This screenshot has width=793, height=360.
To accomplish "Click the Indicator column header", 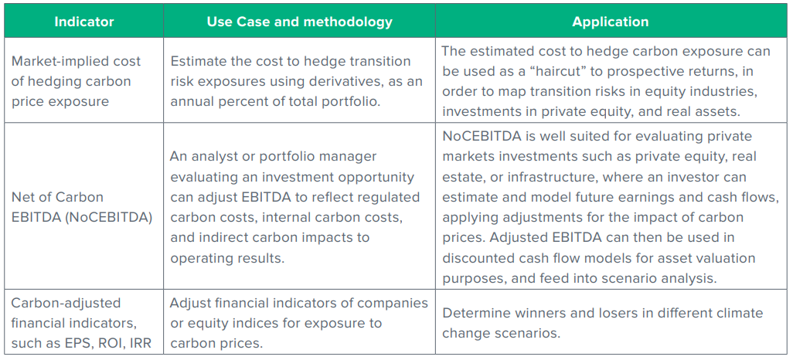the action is (84, 22).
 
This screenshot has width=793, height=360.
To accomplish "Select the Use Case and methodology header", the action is (299, 22).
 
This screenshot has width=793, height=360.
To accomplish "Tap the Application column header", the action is (611, 22).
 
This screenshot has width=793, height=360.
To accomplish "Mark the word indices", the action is (244, 323).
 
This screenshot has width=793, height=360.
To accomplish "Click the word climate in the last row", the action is (738, 313).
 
